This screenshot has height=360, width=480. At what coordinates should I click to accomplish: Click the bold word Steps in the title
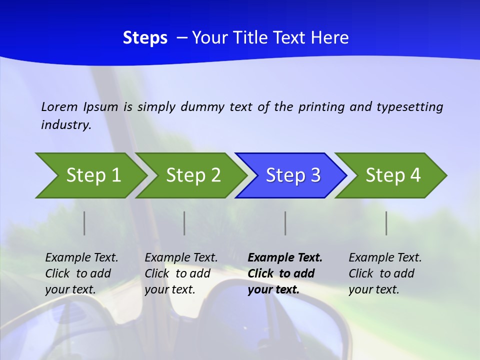145,38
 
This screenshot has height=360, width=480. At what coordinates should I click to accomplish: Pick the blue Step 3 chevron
292,175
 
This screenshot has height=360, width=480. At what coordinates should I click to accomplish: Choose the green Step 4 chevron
392,175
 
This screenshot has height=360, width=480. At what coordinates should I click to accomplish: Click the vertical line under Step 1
84,223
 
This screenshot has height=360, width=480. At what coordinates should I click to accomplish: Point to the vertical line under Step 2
184,223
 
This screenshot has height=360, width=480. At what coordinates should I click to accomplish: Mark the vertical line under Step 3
285,223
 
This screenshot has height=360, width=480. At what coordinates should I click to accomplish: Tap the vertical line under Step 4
386,223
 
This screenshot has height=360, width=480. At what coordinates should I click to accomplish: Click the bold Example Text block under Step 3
285,273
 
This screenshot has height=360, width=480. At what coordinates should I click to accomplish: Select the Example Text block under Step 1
81,273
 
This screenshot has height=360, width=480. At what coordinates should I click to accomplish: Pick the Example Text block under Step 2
181,273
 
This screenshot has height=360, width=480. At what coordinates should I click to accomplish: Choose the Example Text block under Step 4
385,273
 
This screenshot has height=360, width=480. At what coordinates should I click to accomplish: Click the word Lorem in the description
59,106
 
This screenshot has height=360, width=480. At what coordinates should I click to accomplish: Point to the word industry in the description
66,125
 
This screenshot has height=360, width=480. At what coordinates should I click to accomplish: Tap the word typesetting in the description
409,107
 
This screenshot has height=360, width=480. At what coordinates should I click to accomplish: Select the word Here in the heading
329,38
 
